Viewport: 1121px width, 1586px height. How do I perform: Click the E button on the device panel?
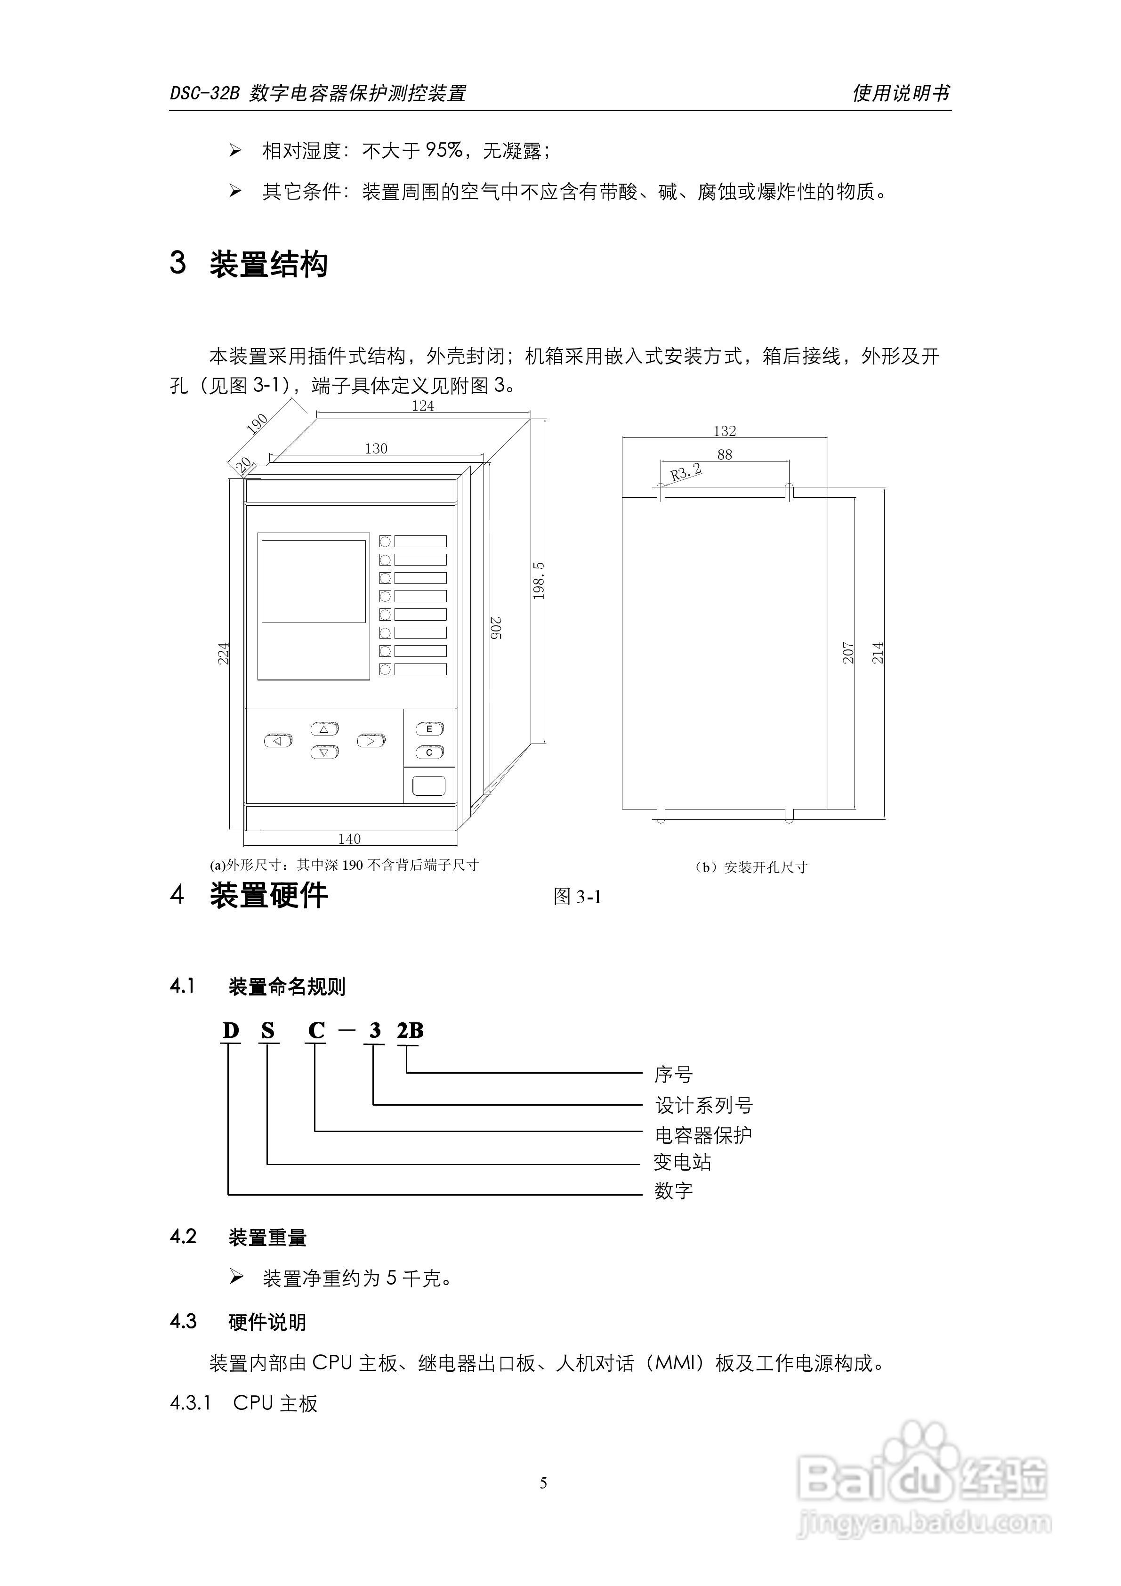pos(429,729)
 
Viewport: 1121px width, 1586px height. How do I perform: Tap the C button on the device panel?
pos(429,752)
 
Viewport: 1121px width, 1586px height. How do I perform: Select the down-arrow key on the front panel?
pos(324,752)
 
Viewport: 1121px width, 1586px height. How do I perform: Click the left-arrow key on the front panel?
pos(278,741)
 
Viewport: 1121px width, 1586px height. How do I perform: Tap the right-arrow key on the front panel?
pos(371,741)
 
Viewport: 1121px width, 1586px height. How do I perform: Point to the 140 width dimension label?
pos(349,839)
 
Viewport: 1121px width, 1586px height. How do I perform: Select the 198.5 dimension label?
pos(539,580)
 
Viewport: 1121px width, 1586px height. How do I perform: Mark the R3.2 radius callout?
pos(686,472)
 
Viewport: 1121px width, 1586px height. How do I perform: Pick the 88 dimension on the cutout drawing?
pos(725,454)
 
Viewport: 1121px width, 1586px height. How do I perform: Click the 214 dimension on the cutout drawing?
pos(877,653)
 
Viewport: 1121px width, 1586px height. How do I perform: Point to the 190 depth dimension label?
pos(258,423)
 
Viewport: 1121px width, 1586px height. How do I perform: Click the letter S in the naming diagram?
pos(268,1031)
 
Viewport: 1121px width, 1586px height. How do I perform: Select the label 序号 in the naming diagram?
pos(673,1074)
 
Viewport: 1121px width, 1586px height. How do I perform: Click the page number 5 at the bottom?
pos(544,1482)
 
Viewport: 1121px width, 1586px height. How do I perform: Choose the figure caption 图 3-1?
pos(577,897)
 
